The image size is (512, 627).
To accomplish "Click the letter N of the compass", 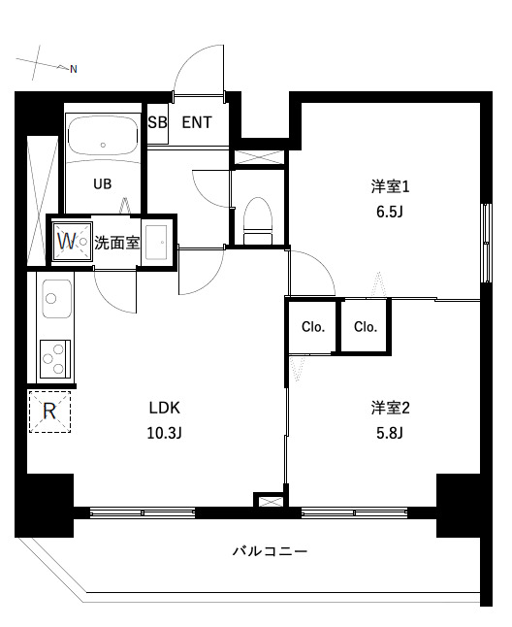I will pos(73,69).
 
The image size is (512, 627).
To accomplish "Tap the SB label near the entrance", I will pos(157,122).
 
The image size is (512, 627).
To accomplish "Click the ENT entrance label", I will pos(197,122).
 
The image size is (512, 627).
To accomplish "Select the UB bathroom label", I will pos(102,182).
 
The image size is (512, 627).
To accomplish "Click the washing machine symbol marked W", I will pos(69,240).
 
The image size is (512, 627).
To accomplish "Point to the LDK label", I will pos(164,408).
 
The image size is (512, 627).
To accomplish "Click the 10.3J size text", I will pos(164,433).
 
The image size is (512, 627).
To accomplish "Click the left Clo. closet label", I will pos(312,327).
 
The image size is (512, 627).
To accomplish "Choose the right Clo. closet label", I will pos(365,327).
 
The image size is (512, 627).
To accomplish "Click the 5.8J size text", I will pos(386,433).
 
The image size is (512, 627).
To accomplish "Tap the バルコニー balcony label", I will pos(270,551).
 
